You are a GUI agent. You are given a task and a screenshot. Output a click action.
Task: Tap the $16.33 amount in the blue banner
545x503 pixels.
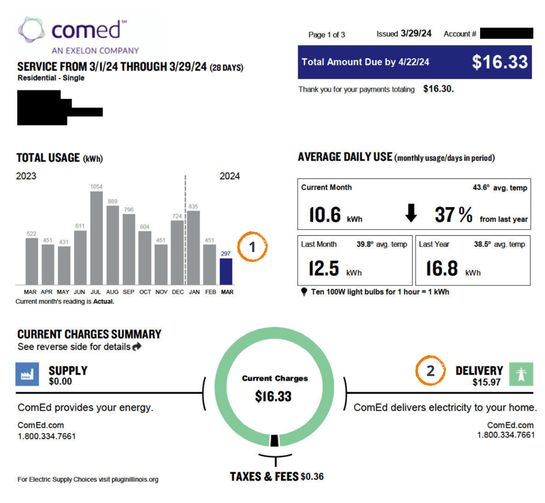click(x=500, y=62)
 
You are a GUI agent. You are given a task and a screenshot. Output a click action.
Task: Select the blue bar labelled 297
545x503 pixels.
click(x=226, y=270)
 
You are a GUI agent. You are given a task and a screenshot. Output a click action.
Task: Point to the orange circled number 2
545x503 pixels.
click(x=430, y=371)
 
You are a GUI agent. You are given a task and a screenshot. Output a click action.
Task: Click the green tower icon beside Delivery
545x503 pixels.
click(x=522, y=374)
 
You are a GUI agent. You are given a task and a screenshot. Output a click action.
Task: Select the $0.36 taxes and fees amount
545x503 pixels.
click(x=312, y=477)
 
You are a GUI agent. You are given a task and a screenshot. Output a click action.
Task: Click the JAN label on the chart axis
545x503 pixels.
click(x=193, y=292)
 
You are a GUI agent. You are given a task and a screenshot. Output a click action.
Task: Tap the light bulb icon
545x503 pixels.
click(x=304, y=292)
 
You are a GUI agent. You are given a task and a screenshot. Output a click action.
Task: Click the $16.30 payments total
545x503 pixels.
click(x=438, y=89)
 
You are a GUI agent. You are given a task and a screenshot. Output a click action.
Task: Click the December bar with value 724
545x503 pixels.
click(x=177, y=251)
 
